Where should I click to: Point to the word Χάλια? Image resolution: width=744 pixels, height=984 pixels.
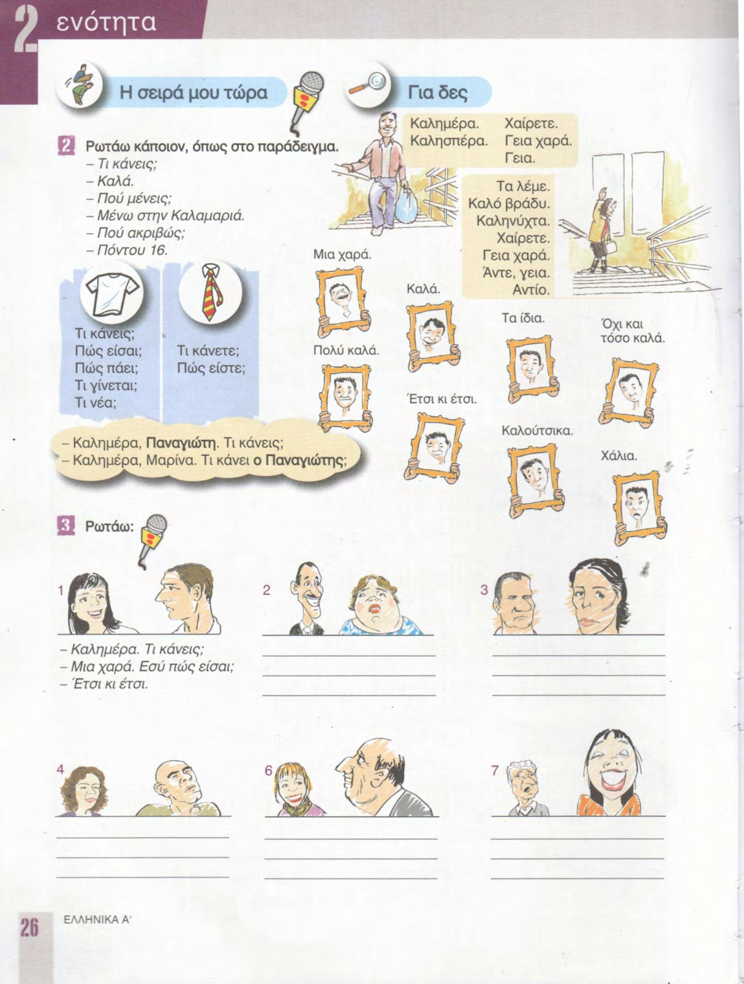[618, 456]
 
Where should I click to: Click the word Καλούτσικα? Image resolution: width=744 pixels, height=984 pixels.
[537, 431]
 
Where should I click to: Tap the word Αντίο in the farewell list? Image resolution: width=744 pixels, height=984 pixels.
[531, 290]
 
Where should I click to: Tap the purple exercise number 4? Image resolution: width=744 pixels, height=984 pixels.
[61, 770]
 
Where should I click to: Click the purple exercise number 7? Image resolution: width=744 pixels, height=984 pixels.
[495, 770]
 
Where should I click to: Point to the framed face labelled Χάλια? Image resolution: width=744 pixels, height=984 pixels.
[640, 507]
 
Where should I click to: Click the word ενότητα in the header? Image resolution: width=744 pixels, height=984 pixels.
[107, 22]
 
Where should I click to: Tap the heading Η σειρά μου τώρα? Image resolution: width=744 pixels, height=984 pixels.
[194, 93]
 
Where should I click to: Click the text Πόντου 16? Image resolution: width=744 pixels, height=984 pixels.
[132, 250]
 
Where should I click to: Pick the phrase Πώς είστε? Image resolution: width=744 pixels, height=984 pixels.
[211, 368]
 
